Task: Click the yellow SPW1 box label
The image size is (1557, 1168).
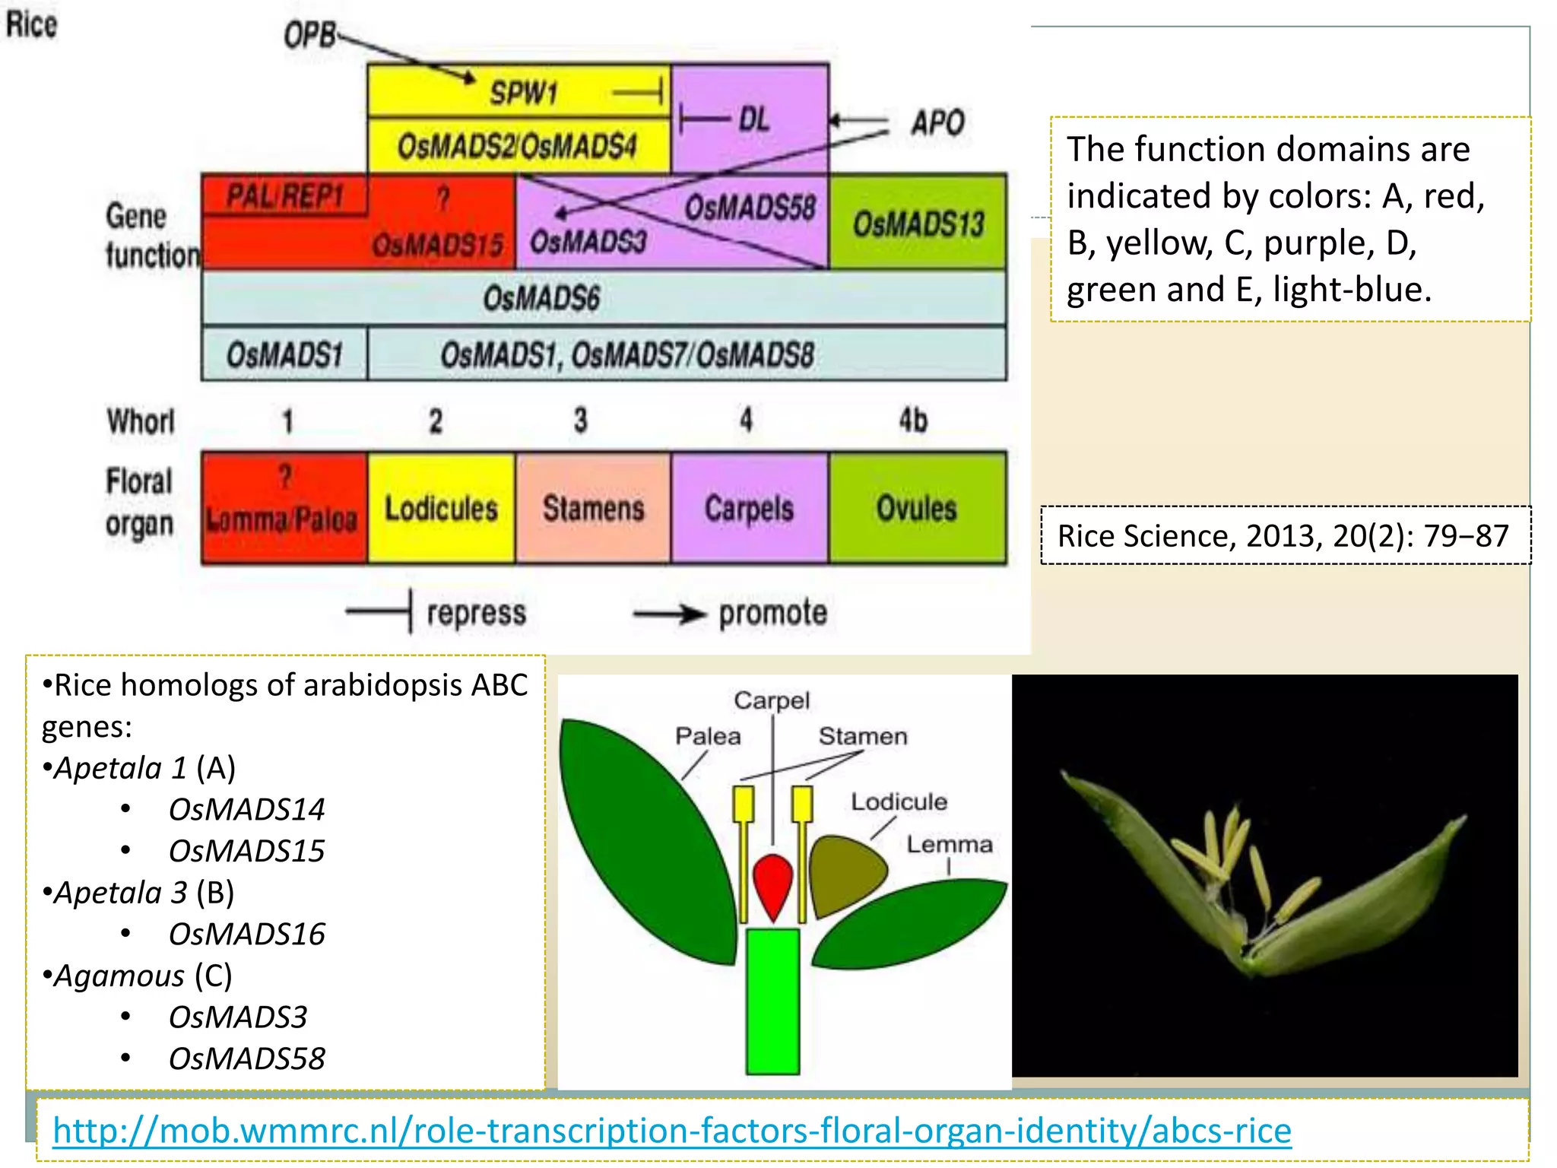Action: tap(524, 94)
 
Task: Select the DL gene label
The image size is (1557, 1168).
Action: tap(753, 119)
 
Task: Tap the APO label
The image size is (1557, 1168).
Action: tap(937, 122)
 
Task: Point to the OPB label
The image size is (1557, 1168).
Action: tap(309, 35)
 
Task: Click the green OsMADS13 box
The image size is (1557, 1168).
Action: tap(918, 223)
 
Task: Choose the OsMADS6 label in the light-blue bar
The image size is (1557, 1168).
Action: tap(541, 298)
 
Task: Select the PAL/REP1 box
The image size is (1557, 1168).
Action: tap(285, 197)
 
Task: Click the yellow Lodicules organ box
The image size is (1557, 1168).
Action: tap(441, 508)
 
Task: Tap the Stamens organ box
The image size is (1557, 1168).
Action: tap(593, 508)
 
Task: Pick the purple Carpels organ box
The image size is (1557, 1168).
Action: tap(749, 508)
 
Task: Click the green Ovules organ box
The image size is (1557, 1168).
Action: tap(917, 508)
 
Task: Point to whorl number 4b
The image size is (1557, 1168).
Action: tap(913, 420)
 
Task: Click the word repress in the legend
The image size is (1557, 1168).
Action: tap(476, 613)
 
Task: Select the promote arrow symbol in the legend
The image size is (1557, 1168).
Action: tap(669, 613)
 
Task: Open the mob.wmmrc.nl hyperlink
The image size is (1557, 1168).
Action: tap(671, 1131)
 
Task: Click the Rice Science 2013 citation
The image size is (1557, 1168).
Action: tap(1283, 536)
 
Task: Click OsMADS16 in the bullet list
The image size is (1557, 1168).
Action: tap(246, 934)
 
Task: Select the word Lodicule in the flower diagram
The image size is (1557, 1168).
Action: tap(899, 801)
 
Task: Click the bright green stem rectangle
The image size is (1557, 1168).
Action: tap(772, 1001)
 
